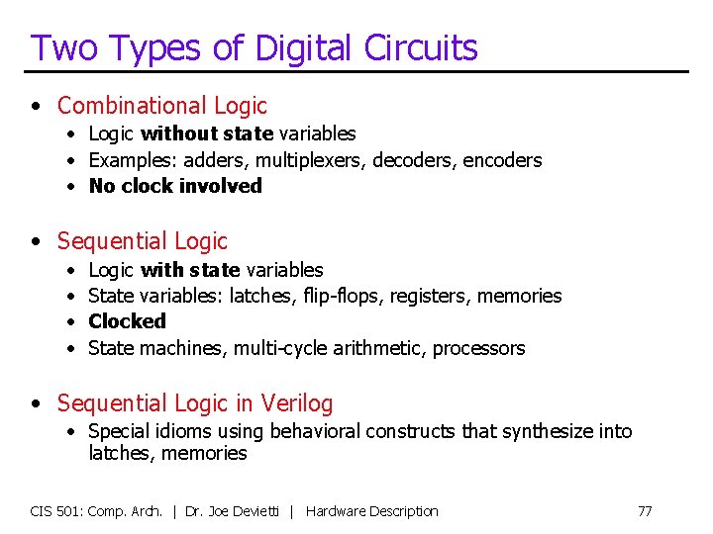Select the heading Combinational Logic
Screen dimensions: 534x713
(x=162, y=106)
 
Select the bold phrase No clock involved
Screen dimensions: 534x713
(x=175, y=186)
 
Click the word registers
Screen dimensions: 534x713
(x=432, y=296)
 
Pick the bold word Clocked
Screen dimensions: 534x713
(x=127, y=321)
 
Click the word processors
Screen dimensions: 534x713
(x=479, y=348)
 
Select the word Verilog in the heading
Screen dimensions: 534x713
(x=297, y=403)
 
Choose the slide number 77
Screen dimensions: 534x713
(x=645, y=511)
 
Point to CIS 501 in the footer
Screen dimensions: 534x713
(x=56, y=511)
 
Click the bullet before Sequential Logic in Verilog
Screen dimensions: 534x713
(x=36, y=403)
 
